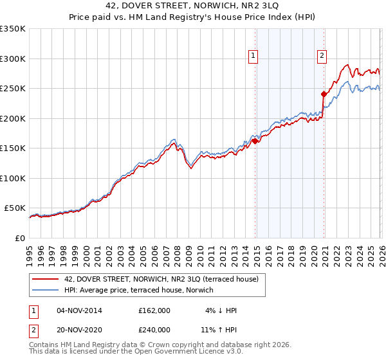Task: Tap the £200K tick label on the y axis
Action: (13, 118)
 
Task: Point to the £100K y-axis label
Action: (13, 178)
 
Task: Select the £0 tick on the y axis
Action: (19, 238)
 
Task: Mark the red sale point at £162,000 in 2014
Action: (255, 141)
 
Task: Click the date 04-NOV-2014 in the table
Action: (79, 310)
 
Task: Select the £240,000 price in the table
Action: (154, 329)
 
